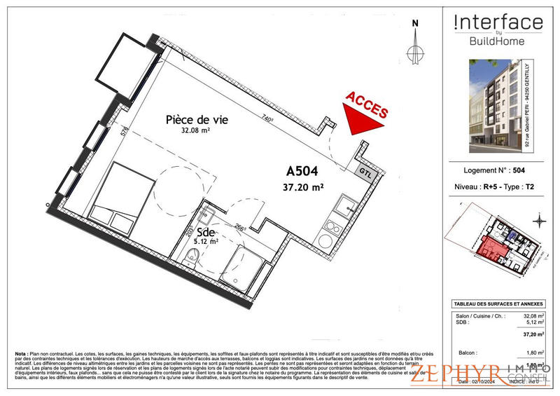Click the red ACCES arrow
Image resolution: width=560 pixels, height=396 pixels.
coord(365,113)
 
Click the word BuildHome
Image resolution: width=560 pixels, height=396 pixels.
coord(498,41)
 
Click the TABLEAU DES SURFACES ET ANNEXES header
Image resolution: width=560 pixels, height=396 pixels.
coord(498,303)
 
